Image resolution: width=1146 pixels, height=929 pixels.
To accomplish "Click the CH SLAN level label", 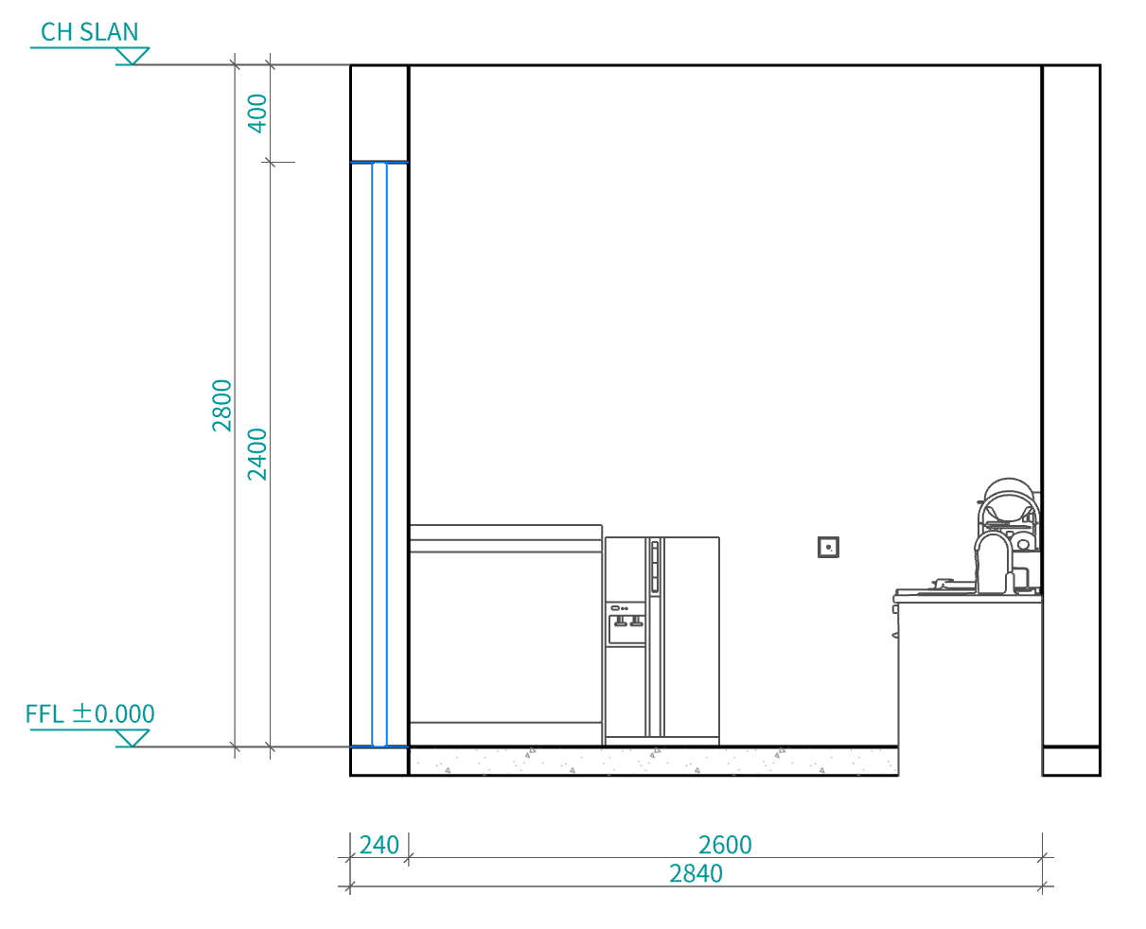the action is tap(89, 32).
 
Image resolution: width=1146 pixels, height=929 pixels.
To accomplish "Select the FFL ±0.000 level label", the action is tap(90, 714).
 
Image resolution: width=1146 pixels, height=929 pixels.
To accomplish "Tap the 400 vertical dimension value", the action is tap(257, 114).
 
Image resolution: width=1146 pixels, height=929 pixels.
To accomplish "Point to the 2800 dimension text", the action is tap(221, 406).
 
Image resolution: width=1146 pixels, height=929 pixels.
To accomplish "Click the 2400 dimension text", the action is tap(257, 454).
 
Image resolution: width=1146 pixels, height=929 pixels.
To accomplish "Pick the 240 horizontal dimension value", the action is tap(379, 845).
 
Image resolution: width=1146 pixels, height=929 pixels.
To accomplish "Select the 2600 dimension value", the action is tap(725, 845).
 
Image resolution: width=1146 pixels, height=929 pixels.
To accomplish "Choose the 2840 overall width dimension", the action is tap(696, 873).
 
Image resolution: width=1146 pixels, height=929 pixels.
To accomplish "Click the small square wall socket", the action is tap(828, 548).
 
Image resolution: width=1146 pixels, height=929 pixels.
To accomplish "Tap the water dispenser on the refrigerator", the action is tap(626, 624).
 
